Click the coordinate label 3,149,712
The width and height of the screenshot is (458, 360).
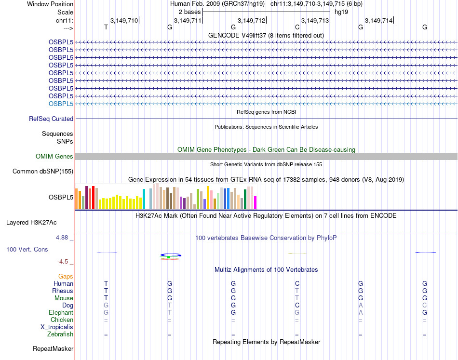tap(251, 20)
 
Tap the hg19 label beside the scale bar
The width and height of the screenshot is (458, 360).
tap(341, 12)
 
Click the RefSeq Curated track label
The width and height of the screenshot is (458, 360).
tap(51, 119)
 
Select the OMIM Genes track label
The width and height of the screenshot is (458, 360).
tap(54, 157)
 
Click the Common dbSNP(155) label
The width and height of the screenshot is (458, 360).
tap(43, 172)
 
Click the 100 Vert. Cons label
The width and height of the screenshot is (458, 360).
tap(27, 250)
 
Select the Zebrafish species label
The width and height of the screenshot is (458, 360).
tap(60, 334)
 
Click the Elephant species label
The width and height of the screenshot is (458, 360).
tap(61, 313)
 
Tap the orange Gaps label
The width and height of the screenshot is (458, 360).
tap(66, 277)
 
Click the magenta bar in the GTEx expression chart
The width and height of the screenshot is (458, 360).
tap(256, 202)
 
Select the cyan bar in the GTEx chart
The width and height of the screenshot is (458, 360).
tap(144, 199)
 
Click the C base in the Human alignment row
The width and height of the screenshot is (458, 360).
tap(297, 284)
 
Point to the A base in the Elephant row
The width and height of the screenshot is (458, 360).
tap(361, 313)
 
